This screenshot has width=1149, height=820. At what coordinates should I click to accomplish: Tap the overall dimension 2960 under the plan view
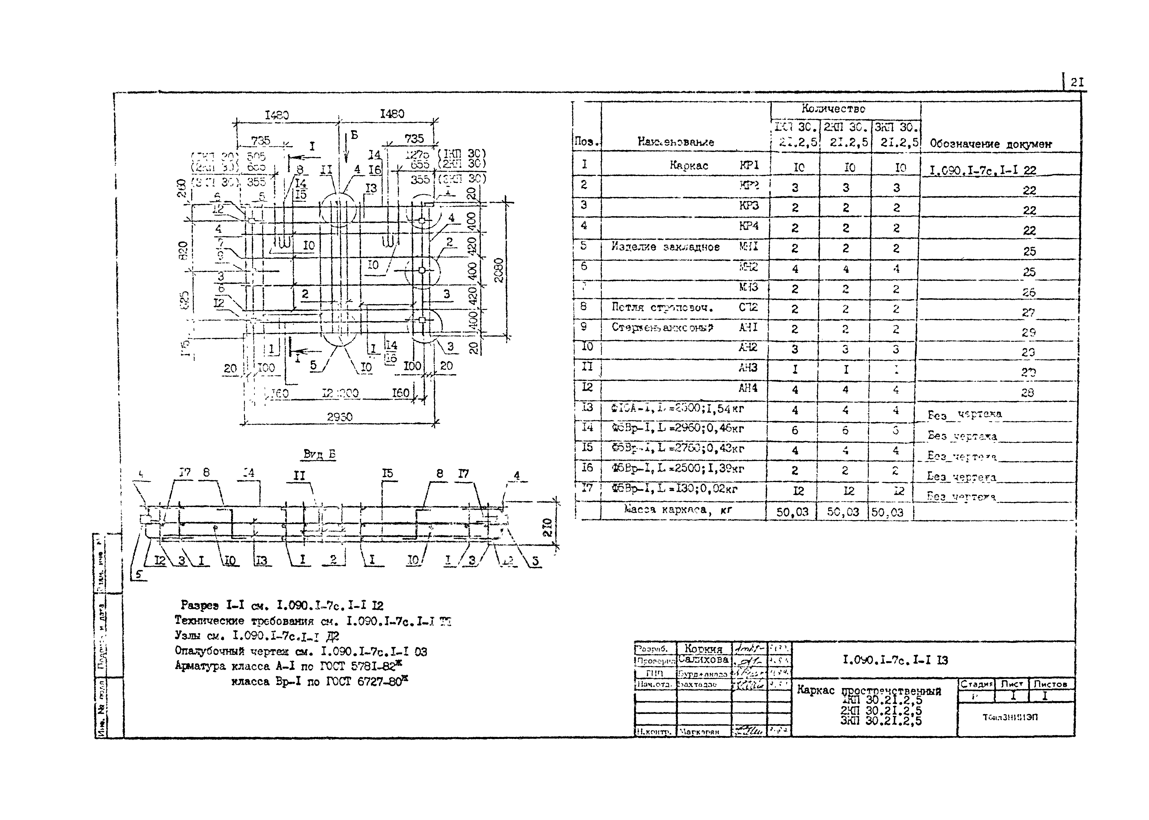339,417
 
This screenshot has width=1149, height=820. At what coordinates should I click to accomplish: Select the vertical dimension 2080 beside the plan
499,270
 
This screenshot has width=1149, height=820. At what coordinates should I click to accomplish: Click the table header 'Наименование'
675,142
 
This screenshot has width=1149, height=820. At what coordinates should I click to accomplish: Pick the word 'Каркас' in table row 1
689,165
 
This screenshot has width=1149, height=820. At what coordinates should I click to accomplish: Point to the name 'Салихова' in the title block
703,660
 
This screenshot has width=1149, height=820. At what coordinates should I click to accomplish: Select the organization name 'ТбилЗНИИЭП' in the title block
1010,717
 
